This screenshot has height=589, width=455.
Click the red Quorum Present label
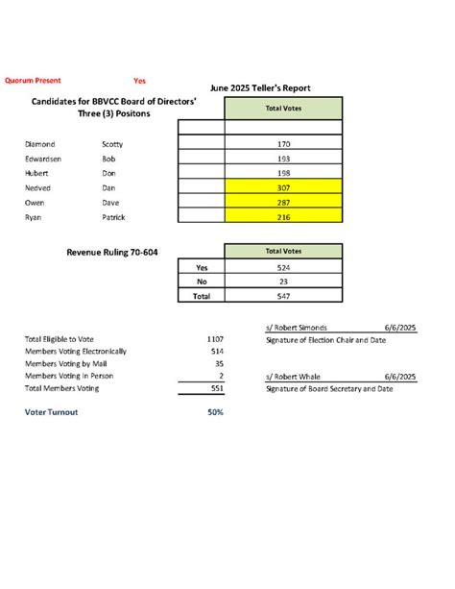[33, 81]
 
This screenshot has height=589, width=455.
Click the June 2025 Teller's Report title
[259, 88]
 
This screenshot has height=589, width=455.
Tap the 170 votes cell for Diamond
[282, 144]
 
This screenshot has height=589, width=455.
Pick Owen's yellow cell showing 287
[282, 204]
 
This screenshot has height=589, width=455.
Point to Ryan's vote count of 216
[282, 218]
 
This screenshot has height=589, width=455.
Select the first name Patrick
[115, 218]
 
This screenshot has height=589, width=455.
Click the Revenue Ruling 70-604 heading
[112, 252]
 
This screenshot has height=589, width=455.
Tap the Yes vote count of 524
[282, 267]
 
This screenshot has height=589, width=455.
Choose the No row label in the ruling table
[202, 282]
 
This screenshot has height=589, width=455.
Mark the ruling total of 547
[282, 297]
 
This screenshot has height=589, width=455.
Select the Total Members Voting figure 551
[215, 389]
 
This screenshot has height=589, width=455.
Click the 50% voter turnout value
[215, 412]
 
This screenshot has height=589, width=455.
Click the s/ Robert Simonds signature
[299, 328]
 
